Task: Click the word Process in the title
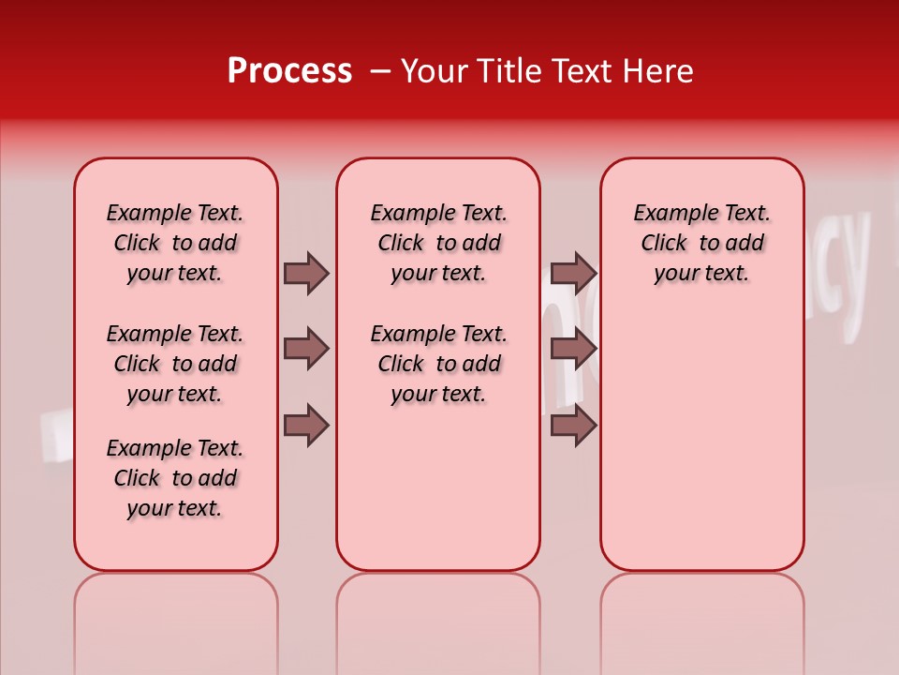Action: [289, 71]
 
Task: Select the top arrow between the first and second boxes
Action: [306, 273]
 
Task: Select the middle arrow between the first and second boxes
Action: [306, 349]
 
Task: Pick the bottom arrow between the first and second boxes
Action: [306, 427]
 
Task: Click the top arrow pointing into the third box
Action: [573, 273]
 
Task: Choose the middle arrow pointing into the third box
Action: [573, 349]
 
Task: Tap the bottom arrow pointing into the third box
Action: [573, 427]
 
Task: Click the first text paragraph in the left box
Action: [175, 243]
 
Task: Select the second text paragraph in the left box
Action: [175, 364]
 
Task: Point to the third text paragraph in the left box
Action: [175, 478]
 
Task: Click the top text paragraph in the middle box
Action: [438, 243]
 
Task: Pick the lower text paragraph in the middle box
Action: [438, 364]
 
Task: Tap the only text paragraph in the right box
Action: [701, 243]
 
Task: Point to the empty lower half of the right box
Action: [701, 450]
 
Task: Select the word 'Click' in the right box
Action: [664, 243]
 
